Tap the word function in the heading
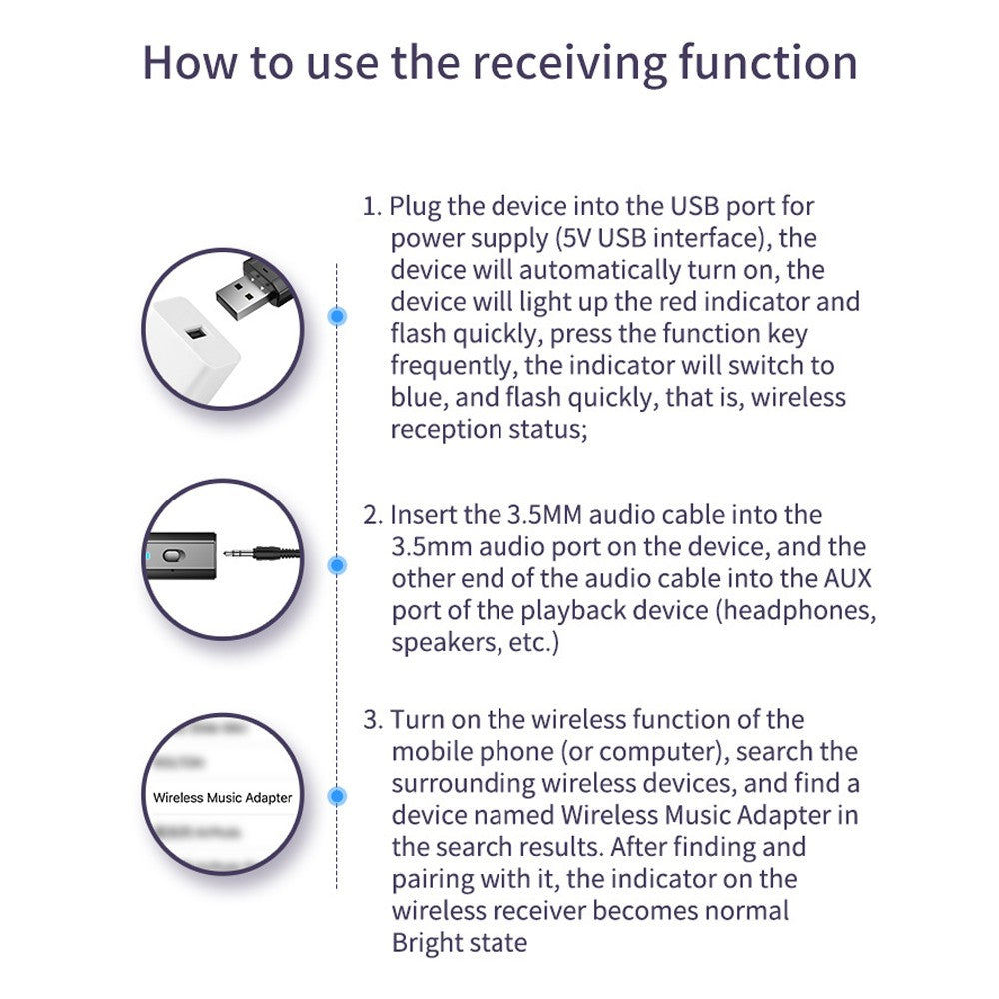coord(768,62)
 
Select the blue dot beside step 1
coord(338,317)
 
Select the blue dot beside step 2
coord(338,565)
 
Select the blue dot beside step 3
coord(338,797)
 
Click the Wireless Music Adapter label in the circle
coord(222,798)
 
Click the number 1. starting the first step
coord(372,206)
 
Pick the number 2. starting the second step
coord(372,515)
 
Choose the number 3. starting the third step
coord(372,719)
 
